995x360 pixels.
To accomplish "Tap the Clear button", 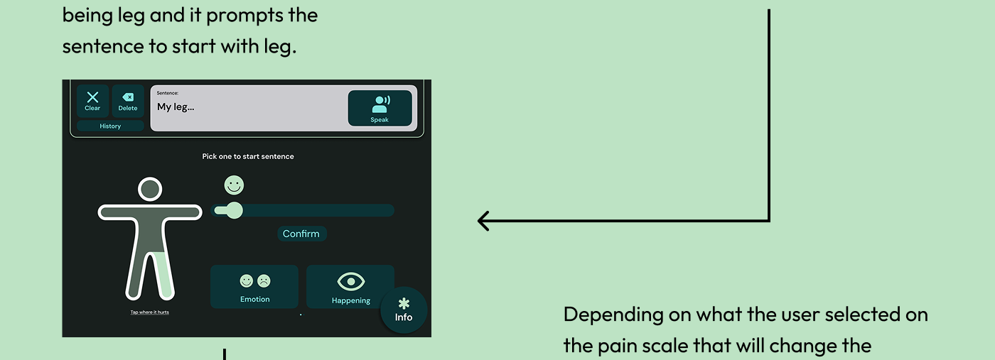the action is coord(92,101).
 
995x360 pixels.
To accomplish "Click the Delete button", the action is coord(128,101).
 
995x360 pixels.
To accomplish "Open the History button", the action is coord(110,126).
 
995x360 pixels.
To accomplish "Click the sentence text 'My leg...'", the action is coord(176,107).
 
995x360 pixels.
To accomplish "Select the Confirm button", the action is coord(301,234).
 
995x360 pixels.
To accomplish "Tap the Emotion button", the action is coord(254,287).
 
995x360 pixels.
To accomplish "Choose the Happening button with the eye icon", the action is coord(350,287).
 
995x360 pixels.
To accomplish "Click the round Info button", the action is coord(404,310).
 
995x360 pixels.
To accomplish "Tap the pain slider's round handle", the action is coord(233,210).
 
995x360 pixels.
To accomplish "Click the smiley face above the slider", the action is coord(234,185).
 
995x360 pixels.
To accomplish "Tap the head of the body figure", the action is coord(149,189).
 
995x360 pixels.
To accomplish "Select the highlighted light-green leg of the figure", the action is coord(164,273).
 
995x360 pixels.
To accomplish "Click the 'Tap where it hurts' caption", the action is coord(149,312).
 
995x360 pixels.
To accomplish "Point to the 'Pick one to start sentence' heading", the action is coord(248,156).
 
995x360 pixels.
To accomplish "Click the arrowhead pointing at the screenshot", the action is coord(483,221).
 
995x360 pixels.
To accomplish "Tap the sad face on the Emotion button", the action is coord(264,281).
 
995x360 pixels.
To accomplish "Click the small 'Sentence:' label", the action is coord(168,93).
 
